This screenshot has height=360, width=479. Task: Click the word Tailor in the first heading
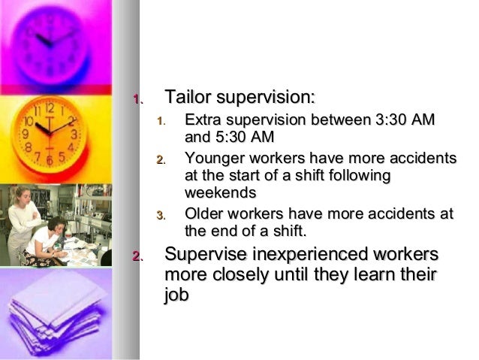pos(188,98)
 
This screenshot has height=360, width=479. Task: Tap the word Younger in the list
pos(213,159)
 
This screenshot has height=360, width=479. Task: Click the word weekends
pos(221,193)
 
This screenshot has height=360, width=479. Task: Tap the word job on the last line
pos(176,295)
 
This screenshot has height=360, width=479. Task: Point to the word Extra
pos(203,120)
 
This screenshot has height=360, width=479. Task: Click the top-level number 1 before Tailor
pos(136,98)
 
